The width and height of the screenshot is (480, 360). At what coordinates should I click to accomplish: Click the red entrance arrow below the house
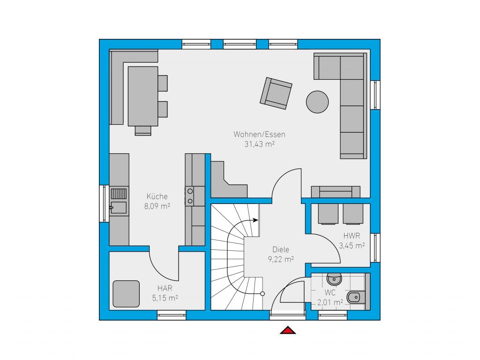[x=288, y=330]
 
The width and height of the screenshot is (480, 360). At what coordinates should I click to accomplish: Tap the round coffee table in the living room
[x=317, y=102]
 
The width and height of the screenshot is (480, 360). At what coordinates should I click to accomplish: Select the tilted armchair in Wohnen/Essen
[x=276, y=93]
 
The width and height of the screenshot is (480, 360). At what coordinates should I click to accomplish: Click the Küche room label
[x=157, y=196]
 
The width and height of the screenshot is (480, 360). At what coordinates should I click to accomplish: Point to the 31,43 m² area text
[x=259, y=144]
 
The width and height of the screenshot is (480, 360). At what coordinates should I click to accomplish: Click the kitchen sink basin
[x=119, y=208]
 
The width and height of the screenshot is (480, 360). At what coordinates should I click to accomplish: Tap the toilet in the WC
[x=356, y=297]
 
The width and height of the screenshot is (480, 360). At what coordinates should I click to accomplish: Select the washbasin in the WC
[x=334, y=278]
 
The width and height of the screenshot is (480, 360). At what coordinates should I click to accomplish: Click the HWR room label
[x=352, y=236]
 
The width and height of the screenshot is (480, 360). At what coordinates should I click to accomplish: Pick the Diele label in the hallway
[x=281, y=249]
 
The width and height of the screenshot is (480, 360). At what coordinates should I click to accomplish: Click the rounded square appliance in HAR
[x=126, y=294]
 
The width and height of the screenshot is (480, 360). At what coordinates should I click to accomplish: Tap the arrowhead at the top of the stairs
[x=256, y=220]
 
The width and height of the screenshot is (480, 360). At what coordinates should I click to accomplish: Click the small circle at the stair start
[x=262, y=294]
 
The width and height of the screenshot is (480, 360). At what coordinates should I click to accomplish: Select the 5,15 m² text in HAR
[x=165, y=298]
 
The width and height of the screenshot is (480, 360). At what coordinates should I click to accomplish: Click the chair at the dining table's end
[x=143, y=131]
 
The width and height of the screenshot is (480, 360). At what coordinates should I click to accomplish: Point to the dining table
[x=143, y=96]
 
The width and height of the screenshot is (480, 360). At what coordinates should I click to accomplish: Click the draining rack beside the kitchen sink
[x=119, y=194]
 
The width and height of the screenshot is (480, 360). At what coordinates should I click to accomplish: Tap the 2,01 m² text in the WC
[x=330, y=302]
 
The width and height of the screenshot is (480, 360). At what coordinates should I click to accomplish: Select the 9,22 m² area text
[x=281, y=259]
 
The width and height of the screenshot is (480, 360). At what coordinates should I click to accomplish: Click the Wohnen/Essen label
[x=259, y=134]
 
